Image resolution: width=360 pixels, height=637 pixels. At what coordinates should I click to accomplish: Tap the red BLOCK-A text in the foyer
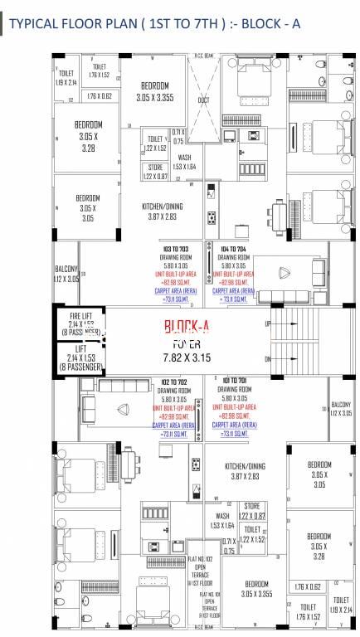coord(180,327)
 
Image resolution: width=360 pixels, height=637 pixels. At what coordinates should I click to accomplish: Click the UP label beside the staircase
coord(267,323)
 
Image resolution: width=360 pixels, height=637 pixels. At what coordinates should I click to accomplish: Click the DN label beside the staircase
coord(267,359)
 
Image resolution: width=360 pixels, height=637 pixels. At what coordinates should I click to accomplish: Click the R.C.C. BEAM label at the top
coord(204,56)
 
